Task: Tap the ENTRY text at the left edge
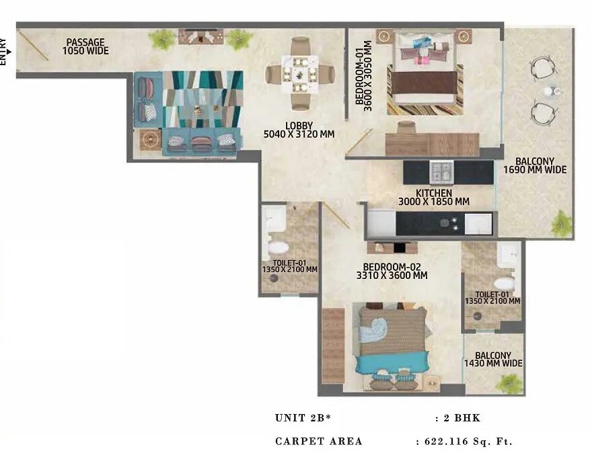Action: (x=3, y=51)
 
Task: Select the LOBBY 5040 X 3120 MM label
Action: (x=299, y=130)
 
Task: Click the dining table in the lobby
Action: (x=299, y=73)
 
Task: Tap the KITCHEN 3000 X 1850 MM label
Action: (x=433, y=198)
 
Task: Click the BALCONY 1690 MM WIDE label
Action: (x=535, y=165)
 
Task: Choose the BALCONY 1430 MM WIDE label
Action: (x=492, y=360)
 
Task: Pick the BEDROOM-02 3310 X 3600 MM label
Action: (x=392, y=271)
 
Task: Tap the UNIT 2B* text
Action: (x=303, y=418)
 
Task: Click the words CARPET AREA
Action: (x=319, y=442)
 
